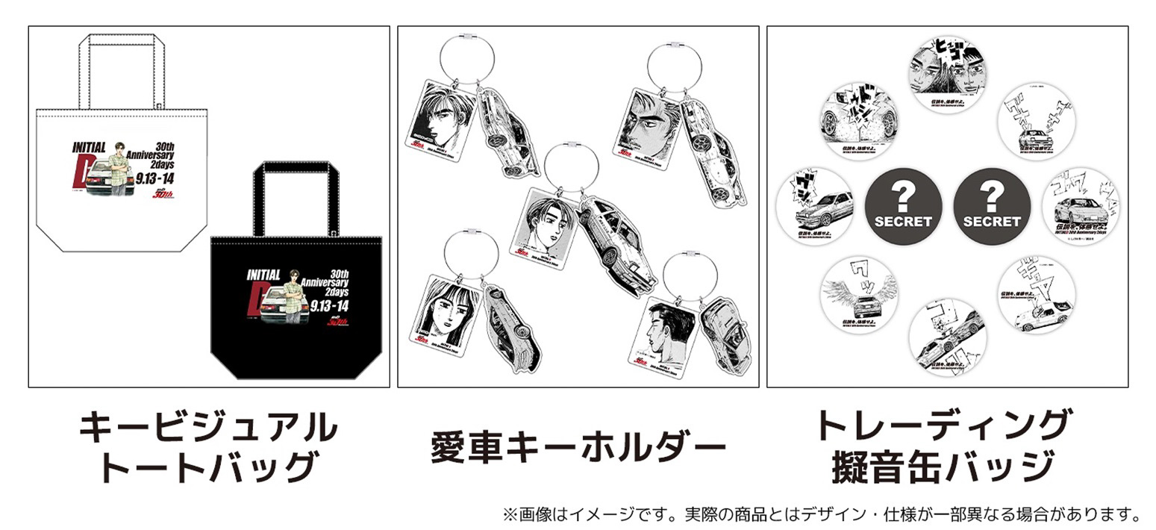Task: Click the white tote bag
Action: [119, 179]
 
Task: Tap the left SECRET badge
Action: [903, 207]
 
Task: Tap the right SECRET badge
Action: [991, 207]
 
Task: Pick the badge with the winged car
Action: [858, 295]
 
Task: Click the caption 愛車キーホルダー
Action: [578, 447]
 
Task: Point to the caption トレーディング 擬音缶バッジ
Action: [943, 446]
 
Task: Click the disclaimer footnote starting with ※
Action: [822, 514]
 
